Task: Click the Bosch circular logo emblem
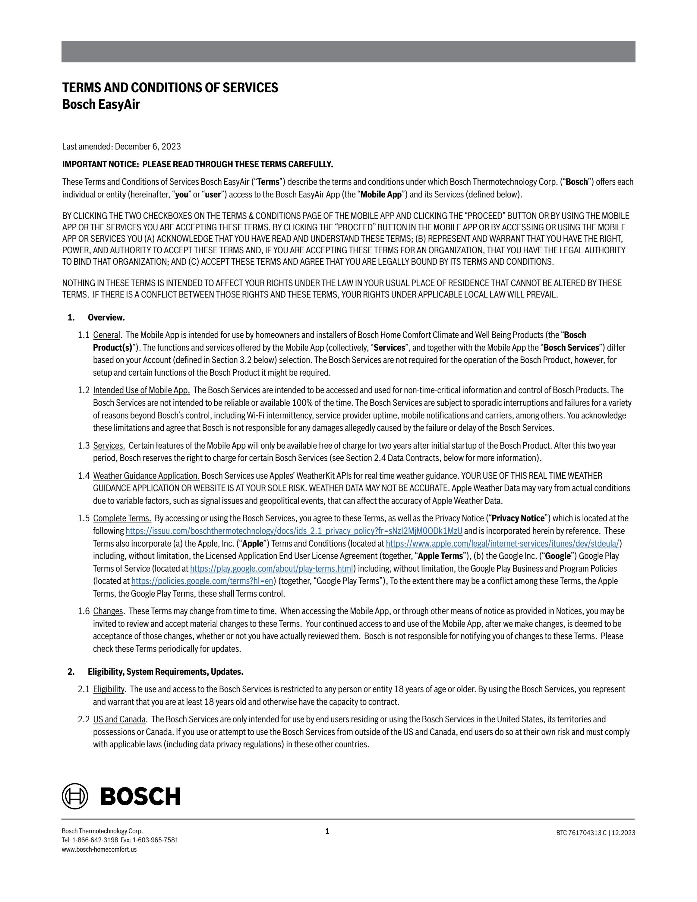tap(75, 796)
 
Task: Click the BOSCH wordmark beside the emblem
tap(140, 796)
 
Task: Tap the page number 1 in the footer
tap(327, 831)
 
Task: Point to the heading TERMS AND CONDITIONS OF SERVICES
tap(170, 87)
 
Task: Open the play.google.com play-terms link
tap(271, 568)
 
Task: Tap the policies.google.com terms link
tap(202, 581)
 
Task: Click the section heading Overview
tap(106, 318)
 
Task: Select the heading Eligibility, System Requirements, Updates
tap(165, 672)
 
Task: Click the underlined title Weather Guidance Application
tap(146, 476)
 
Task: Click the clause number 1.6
tap(84, 611)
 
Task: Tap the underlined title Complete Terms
tap(122, 518)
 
